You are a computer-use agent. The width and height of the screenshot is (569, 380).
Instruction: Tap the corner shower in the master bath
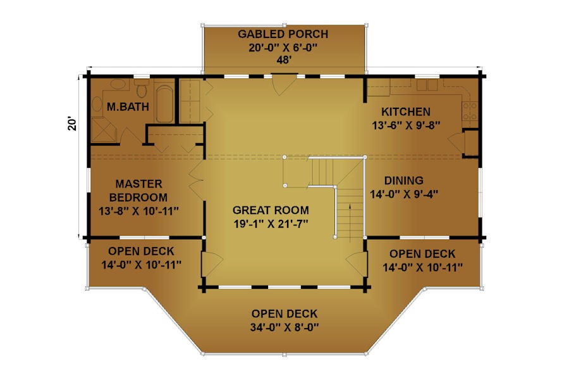[x=104, y=130]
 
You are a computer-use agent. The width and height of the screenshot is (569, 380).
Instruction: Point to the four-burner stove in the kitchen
[x=470, y=111]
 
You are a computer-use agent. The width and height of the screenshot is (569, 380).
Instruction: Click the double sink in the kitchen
[x=427, y=85]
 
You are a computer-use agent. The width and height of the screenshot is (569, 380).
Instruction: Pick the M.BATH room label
[x=128, y=106]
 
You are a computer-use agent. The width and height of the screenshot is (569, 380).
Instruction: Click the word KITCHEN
[x=406, y=111]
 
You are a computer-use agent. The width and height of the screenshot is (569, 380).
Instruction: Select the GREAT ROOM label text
[x=271, y=210]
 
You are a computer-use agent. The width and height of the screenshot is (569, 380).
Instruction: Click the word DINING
[x=404, y=180]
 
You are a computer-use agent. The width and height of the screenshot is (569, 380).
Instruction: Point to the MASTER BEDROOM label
[x=138, y=190]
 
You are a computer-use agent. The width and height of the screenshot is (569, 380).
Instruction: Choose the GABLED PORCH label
[x=283, y=34]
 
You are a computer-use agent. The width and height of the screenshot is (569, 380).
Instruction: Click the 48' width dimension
[x=284, y=60]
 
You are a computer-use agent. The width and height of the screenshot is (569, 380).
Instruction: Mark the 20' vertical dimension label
[x=72, y=123]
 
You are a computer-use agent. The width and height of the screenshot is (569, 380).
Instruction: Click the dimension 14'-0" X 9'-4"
[x=404, y=194]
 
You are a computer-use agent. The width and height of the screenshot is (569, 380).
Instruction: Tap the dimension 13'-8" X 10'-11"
[x=138, y=211]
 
